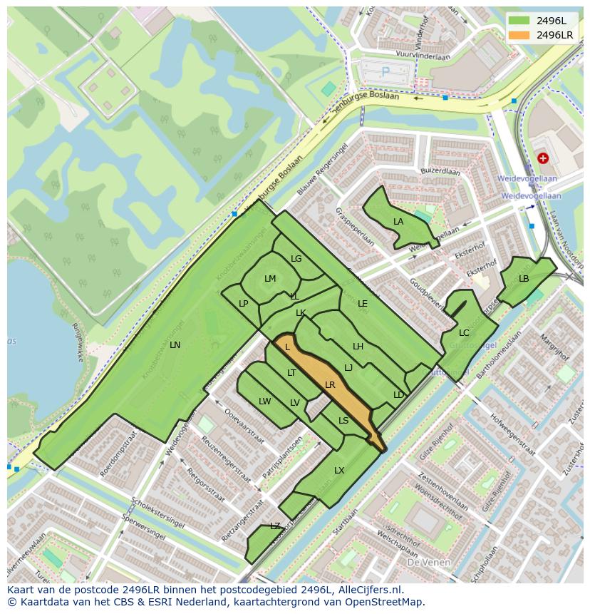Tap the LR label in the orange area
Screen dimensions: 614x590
pos(330,384)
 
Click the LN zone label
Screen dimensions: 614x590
pos(175,344)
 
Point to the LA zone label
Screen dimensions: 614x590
pos(398,222)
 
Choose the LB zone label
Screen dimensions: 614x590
pos(524,279)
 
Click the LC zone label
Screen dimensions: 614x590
pos(464,333)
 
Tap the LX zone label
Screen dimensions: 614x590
pos(339,471)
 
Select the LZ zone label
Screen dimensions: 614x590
pos(275,526)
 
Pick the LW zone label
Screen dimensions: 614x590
pos(265,401)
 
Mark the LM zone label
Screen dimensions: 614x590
pos(270,279)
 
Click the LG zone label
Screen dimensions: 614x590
pos(296,259)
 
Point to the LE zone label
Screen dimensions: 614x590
pos(363,304)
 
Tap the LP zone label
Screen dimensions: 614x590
pos(244,304)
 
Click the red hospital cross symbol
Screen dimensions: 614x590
pos(543,158)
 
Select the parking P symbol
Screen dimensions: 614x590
pos(385,71)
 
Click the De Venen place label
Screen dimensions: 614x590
pos(428,562)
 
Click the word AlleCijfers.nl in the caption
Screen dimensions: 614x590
pos(368,590)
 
